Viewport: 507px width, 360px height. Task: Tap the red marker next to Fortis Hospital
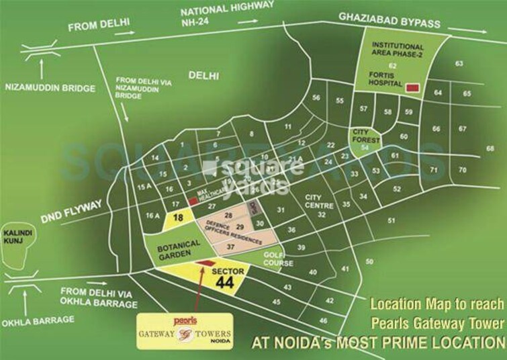[412, 87]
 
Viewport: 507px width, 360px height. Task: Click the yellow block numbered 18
[178, 218]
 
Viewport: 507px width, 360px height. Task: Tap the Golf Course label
[275, 258]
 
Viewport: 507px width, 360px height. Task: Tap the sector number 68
[490, 148]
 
